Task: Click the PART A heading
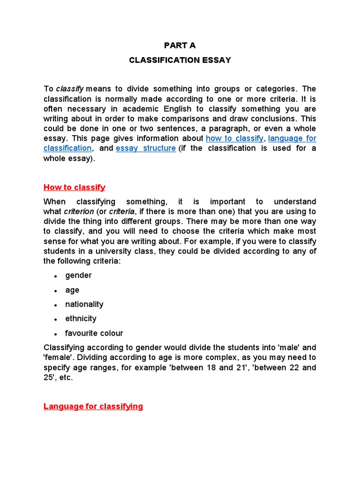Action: click(180, 45)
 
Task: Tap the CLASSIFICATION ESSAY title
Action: click(180, 60)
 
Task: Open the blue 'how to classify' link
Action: click(234, 139)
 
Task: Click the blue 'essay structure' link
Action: click(146, 149)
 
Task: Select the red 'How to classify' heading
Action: click(75, 187)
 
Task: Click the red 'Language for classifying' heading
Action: click(93, 406)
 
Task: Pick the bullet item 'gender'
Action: click(78, 276)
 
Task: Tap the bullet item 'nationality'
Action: click(84, 305)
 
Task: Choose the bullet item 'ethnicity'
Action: click(81, 319)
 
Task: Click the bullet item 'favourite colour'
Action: click(94, 334)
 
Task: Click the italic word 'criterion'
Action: click(79, 212)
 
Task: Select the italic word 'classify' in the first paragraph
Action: click(70, 89)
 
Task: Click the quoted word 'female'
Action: click(58, 358)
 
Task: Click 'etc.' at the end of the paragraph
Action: click(65, 378)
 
